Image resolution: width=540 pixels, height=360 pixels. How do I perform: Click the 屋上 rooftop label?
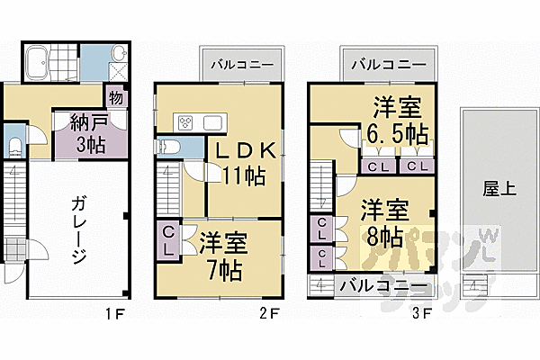point(491,188)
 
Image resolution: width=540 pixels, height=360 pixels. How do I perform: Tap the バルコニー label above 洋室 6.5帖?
point(388,64)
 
